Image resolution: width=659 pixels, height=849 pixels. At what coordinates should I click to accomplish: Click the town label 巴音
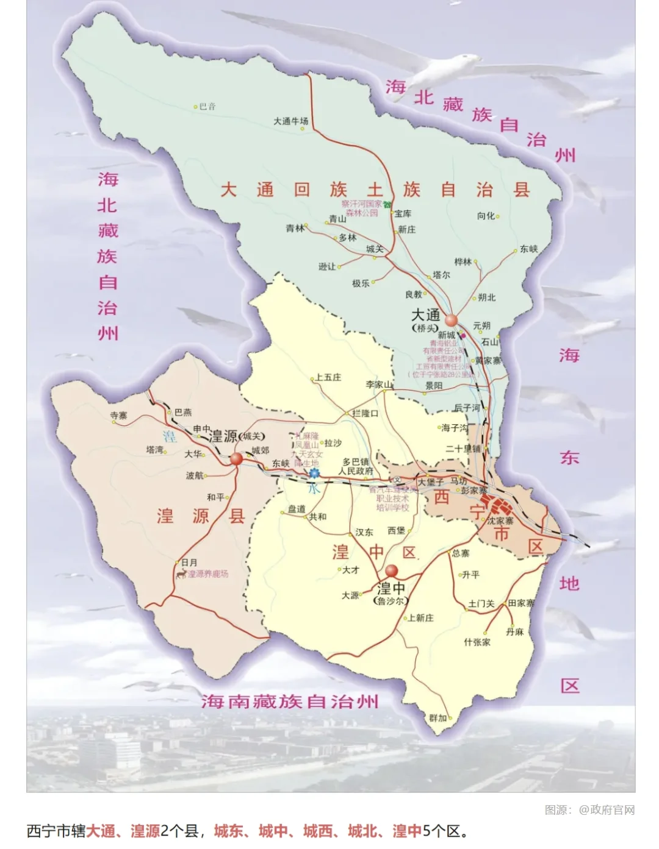click(x=207, y=107)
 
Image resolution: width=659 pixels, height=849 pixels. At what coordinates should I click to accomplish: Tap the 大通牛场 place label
click(x=290, y=121)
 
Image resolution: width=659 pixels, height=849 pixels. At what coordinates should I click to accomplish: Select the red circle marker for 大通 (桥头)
click(x=451, y=321)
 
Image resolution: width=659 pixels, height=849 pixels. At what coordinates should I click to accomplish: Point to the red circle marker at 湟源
click(x=237, y=460)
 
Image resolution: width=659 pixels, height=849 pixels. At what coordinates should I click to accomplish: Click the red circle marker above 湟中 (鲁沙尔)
click(x=391, y=571)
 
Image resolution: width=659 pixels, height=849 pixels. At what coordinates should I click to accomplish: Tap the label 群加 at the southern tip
click(x=438, y=718)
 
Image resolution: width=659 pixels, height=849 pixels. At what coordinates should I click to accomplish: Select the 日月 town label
click(x=189, y=563)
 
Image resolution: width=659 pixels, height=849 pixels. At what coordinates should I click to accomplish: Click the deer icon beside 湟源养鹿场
click(x=181, y=574)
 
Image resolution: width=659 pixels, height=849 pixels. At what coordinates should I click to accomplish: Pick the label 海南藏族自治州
click(x=290, y=702)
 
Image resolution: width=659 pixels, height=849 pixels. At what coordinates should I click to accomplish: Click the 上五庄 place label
click(x=328, y=377)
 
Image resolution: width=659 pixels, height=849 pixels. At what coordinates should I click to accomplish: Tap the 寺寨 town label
click(x=119, y=416)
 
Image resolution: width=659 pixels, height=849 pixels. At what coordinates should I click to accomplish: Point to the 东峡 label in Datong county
click(x=528, y=249)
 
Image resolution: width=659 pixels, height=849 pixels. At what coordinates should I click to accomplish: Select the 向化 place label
click(x=486, y=216)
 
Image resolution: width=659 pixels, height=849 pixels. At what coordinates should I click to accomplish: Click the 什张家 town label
click(x=477, y=642)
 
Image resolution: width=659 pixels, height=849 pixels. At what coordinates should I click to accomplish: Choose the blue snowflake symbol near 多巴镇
click(x=314, y=473)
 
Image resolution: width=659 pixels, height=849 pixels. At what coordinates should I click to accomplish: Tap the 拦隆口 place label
click(x=365, y=413)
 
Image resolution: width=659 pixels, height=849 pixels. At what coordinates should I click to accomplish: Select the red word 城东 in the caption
click(x=229, y=831)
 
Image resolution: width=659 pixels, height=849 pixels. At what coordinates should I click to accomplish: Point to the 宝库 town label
click(x=403, y=214)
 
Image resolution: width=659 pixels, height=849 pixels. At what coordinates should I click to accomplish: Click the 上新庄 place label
click(x=420, y=618)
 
